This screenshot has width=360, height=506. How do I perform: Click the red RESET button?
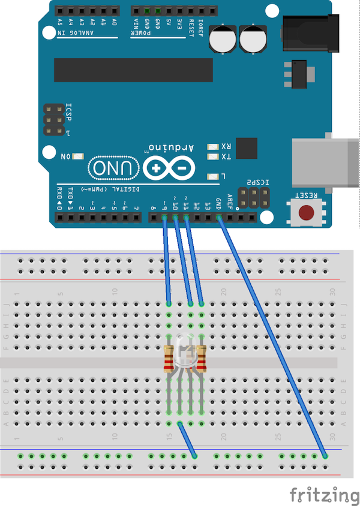[x=307, y=212]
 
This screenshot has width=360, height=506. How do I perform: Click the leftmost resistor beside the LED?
[x=169, y=359]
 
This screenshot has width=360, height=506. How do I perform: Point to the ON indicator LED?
[x=77, y=156]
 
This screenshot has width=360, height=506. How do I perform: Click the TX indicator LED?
[x=211, y=156]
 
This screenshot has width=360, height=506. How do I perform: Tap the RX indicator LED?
[x=211, y=146]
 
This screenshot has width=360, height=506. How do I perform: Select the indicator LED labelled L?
[x=211, y=176]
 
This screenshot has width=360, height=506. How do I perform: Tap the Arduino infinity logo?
[x=169, y=168]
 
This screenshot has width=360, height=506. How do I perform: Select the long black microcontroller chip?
[x=133, y=70]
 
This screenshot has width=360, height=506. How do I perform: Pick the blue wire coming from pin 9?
[x=167, y=261]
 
